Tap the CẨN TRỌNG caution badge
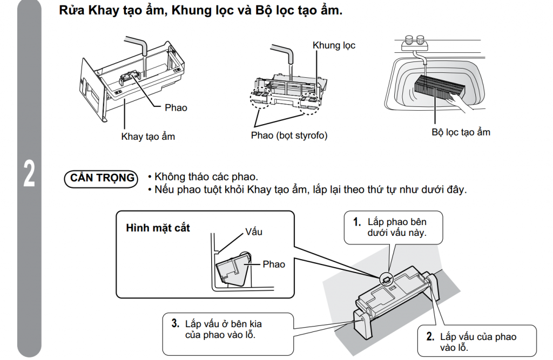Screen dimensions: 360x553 102,178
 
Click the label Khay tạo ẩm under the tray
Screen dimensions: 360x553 147,137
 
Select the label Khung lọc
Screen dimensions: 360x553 334,45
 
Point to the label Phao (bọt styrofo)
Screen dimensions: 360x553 289,135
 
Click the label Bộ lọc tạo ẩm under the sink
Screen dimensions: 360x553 461,132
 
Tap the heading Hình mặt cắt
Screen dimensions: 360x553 158,228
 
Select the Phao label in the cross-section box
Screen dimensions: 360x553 273,264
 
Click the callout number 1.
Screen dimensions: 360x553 356,222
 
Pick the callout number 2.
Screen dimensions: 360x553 430,337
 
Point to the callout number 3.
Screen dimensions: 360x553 175,324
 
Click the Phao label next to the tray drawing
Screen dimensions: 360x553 176,108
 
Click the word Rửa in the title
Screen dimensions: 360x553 70,11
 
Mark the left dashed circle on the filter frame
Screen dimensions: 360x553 260,98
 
